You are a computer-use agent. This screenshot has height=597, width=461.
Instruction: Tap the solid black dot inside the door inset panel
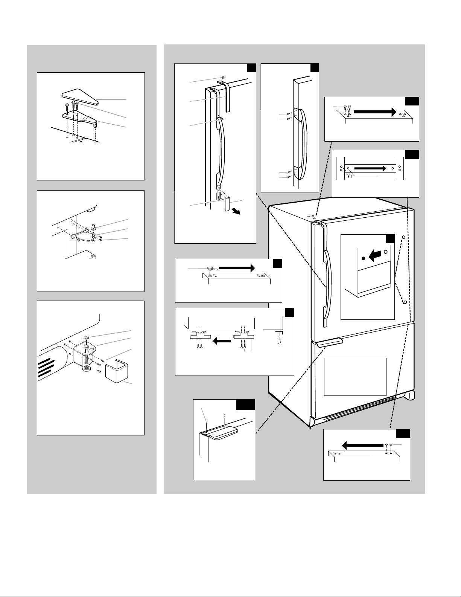point(363,259)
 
